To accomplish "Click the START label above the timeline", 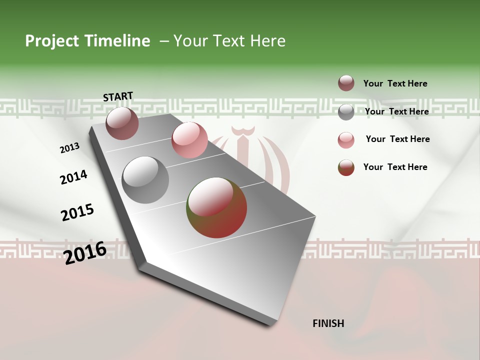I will click(118, 96).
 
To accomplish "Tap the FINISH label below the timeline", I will click(328, 323).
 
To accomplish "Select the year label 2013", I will click(69, 148).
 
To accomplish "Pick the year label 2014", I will click(73, 177).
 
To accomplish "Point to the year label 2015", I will click(77, 212).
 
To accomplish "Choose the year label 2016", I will click(85, 252).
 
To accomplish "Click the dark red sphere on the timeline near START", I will click(122, 123).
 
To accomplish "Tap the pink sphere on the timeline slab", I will click(189, 140).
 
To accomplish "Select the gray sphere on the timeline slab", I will click(145, 180).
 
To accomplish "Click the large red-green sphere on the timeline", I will click(216, 207).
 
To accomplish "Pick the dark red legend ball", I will click(346, 83).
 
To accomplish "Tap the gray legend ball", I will click(346, 112).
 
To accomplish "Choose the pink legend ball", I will click(346, 140).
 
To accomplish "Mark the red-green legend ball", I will click(346, 167).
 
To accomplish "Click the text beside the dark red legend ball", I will click(395, 83).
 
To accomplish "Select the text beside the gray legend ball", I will click(396, 111).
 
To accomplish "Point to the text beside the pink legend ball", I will click(397, 139).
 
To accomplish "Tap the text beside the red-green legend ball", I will click(395, 167).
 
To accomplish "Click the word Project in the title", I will click(52, 41).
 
